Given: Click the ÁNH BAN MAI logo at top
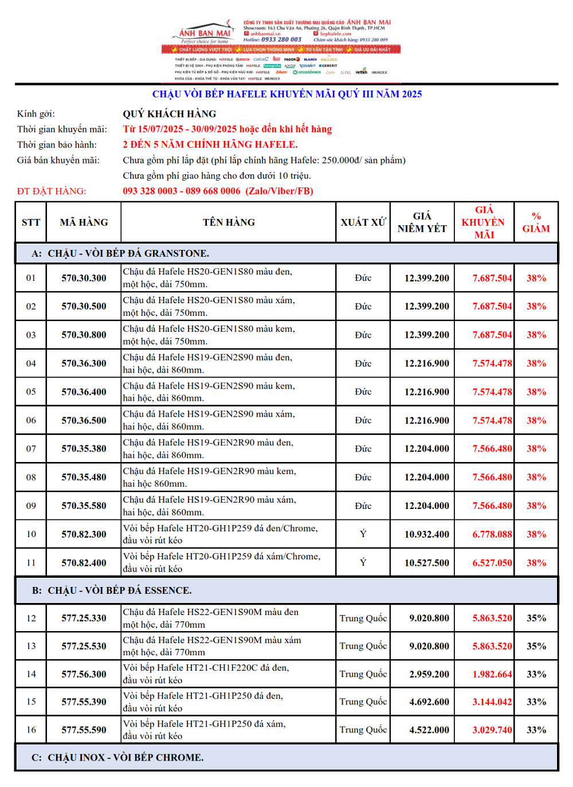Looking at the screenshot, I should pyautogui.click(x=205, y=33).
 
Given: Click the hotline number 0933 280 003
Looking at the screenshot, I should pyautogui.click(x=281, y=40).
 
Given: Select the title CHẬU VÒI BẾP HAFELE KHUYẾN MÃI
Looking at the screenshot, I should pyautogui.click(x=286, y=94).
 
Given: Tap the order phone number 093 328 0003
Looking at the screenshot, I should pyautogui.click(x=150, y=191).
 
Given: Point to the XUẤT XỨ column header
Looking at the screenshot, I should pyautogui.click(x=363, y=222).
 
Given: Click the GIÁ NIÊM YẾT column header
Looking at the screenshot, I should pyautogui.click(x=422, y=222).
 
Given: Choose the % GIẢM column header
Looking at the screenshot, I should pyautogui.click(x=536, y=222).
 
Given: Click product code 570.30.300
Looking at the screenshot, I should pyautogui.click(x=84, y=278).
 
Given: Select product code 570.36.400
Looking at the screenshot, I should pyautogui.click(x=84, y=392).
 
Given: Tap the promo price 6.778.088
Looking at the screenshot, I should pyautogui.click(x=492, y=534).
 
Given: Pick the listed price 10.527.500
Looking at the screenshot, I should pyautogui.click(x=426, y=563).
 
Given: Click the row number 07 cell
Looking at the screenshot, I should pyautogui.click(x=31, y=449).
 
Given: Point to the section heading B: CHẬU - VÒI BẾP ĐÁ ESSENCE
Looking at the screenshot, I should pyautogui.click(x=112, y=590).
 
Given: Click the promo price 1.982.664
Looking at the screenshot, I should pyautogui.click(x=492, y=674).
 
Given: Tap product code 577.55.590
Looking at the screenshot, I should pyautogui.click(x=84, y=730).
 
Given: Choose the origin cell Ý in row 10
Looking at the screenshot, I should pyautogui.click(x=363, y=534).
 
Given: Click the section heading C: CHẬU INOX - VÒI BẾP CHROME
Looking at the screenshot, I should pyautogui.click(x=117, y=757).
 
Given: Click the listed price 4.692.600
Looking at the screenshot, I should pyautogui.click(x=429, y=702).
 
